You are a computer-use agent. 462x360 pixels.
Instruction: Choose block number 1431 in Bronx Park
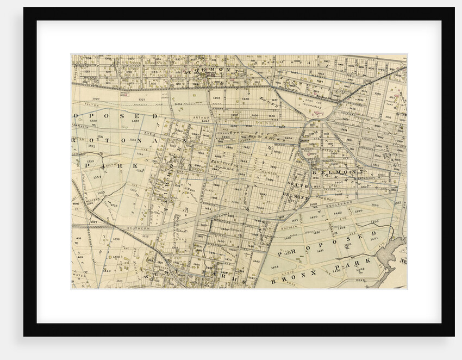point(320,251)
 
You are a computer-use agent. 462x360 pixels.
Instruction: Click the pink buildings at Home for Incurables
point(322,112)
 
